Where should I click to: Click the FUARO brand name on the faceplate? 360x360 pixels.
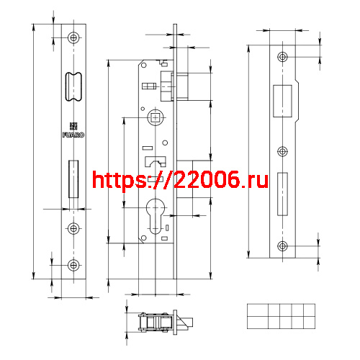[x=73, y=133]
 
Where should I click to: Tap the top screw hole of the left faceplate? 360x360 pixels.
[x=73, y=37]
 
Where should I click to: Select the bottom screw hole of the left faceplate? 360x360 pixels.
[x=73, y=266]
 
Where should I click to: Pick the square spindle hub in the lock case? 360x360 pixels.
[x=156, y=117]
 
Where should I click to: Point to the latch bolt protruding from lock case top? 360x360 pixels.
[x=181, y=87]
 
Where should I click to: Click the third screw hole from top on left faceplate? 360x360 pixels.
[x=73, y=228]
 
